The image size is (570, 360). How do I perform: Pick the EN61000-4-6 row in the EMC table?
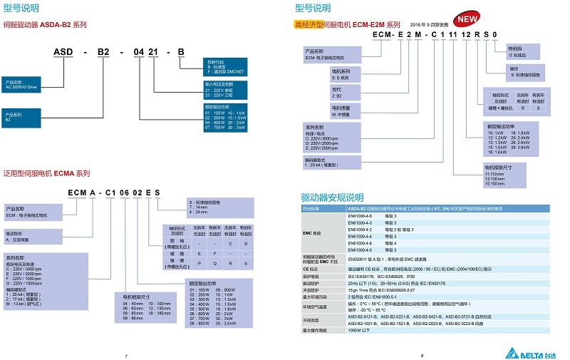(361, 215)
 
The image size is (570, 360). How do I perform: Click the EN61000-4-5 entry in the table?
(361, 250)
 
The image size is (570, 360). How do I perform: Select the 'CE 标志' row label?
(312, 269)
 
